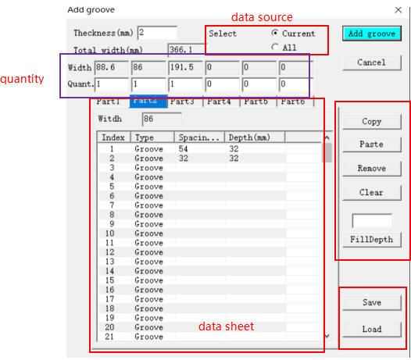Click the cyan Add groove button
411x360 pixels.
[x=372, y=34]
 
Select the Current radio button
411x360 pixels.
[x=275, y=33]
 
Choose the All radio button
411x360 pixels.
[x=275, y=47]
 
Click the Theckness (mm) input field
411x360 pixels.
[x=157, y=33]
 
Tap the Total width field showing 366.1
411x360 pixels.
[x=187, y=49]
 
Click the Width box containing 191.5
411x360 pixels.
[x=186, y=68]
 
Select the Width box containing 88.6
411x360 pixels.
[x=112, y=68]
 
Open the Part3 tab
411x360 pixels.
[x=182, y=102]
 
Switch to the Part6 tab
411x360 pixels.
[x=293, y=102]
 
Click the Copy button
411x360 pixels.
[x=372, y=122]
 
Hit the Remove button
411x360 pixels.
[x=372, y=168]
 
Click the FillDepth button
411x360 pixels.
[x=372, y=239]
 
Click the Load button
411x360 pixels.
[x=372, y=329]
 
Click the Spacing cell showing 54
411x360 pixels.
[x=183, y=149]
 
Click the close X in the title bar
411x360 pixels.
[x=398, y=10]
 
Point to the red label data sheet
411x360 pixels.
[x=227, y=326]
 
